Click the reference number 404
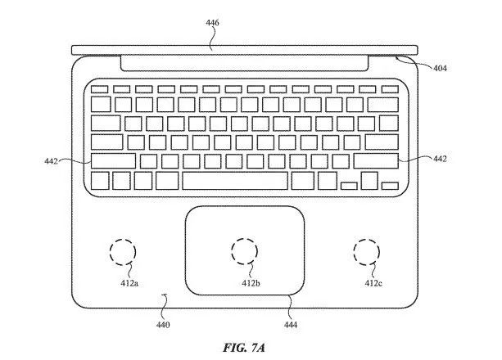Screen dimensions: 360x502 point(440,69)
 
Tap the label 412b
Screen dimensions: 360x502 point(251,283)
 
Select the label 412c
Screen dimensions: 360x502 point(373,283)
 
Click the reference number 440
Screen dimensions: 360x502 point(164,325)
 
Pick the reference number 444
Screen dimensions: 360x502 point(291,325)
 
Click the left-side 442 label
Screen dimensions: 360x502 point(52,161)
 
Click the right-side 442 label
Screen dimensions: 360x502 point(440,159)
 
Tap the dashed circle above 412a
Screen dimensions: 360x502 point(123,251)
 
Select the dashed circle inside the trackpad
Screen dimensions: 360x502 point(245,251)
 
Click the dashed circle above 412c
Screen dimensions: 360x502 point(366,251)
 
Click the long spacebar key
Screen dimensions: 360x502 point(235,180)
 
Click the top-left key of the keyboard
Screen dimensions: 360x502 point(98,87)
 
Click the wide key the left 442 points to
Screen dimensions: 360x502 point(113,160)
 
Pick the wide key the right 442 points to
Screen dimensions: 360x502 point(376,160)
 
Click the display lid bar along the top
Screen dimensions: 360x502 point(246,49)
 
